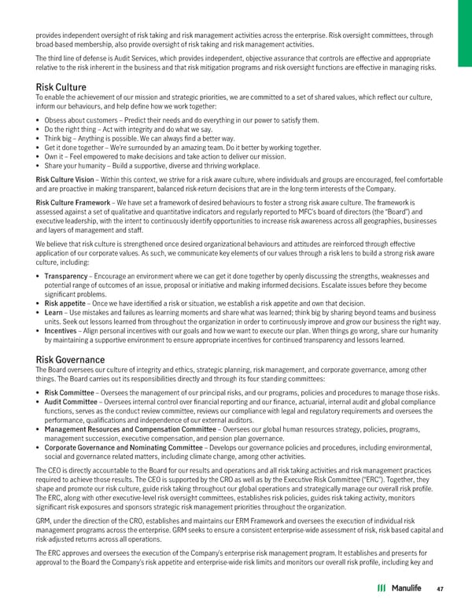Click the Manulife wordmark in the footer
(405, 587)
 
